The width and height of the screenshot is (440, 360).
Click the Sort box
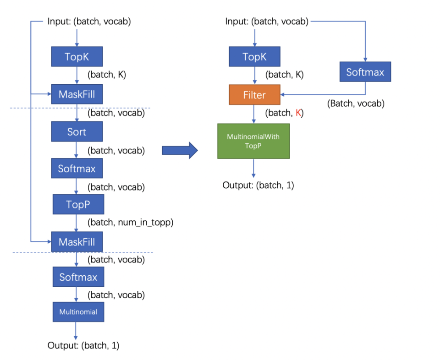tap(77, 132)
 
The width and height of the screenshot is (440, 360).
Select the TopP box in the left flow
tap(78, 205)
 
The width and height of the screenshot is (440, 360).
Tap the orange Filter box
tap(254, 95)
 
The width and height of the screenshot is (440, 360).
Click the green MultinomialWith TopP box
tap(253, 141)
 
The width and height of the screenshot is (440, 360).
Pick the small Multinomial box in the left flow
tap(78, 311)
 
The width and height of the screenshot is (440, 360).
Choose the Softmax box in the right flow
tap(365, 72)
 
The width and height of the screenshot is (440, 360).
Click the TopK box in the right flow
tap(254, 57)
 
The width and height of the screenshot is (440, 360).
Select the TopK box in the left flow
tap(76, 57)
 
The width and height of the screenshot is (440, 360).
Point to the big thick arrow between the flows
tap(179, 150)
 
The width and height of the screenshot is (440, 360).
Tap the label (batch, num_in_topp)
tap(130, 223)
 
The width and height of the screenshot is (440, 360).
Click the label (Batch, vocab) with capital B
tap(356, 104)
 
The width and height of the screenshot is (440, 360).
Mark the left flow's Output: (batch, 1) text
tap(83, 345)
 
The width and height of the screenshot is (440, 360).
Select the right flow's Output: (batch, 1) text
tap(258, 185)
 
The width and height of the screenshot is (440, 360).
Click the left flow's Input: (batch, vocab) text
tap(89, 21)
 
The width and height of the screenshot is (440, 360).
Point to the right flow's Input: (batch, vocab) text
tap(267, 21)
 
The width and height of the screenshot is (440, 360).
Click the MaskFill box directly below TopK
tap(77, 95)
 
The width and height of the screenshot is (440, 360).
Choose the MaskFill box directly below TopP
tap(77, 241)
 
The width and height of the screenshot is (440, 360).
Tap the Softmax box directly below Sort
tap(77, 169)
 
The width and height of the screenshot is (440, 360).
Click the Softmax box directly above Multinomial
tap(78, 277)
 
